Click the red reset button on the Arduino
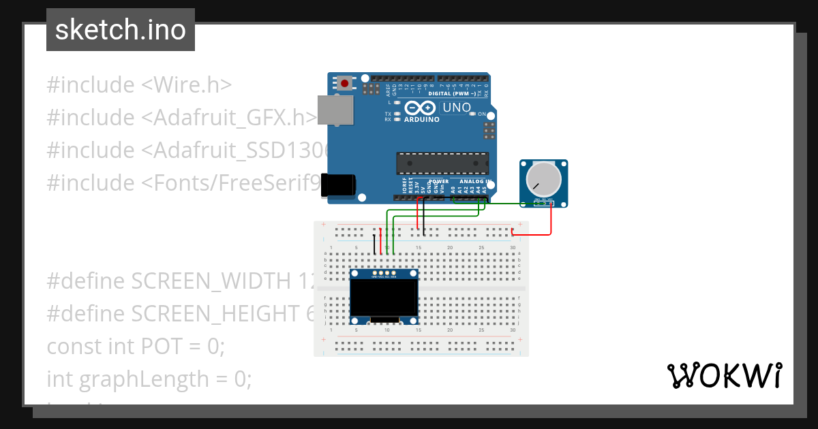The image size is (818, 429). pyautogui.click(x=345, y=84)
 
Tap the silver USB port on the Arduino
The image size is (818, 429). pyautogui.click(x=336, y=110)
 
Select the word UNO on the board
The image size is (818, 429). pyautogui.click(x=457, y=108)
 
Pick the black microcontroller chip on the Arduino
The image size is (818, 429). pyautogui.click(x=442, y=163)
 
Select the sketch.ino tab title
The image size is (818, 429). pyautogui.click(x=121, y=30)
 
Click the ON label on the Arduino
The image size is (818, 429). pyautogui.click(x=482, y=114)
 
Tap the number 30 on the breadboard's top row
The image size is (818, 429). pyautogui.click(x=512, y=247)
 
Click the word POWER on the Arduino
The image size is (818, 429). pyautogui.click(x=439, y=182)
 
